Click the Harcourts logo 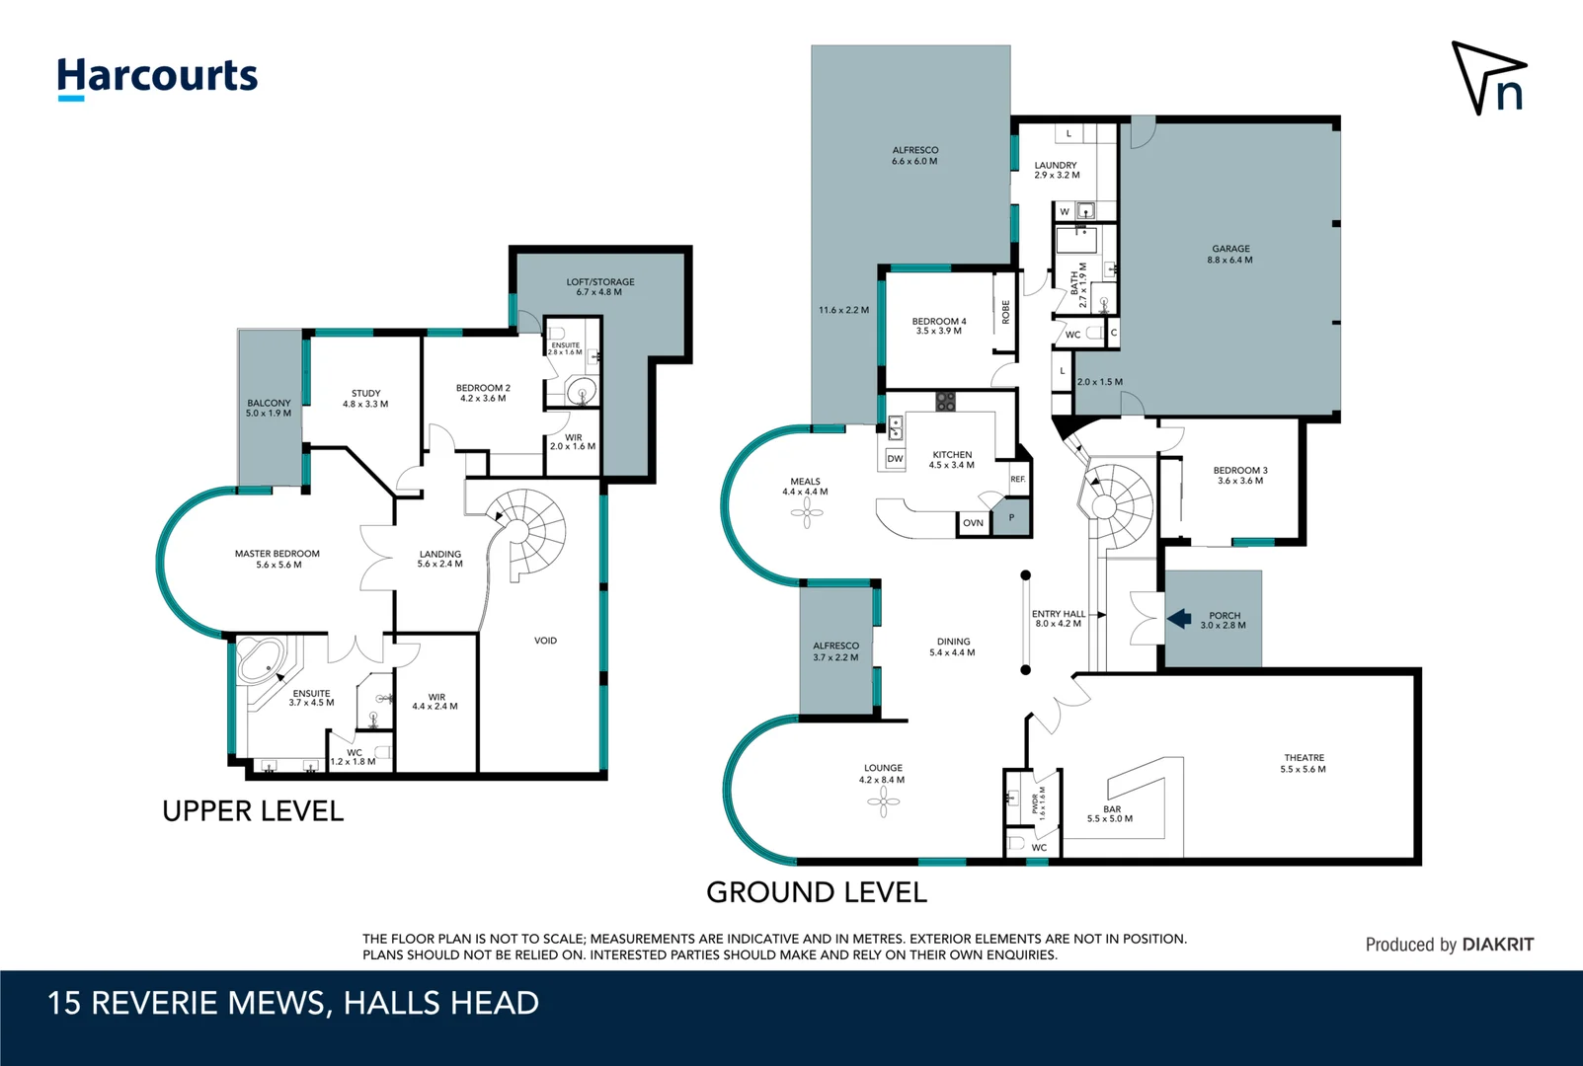[x=158, y=78]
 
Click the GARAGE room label [x=1230, y=249]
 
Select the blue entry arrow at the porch [x=1179, y=619]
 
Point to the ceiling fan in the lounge [x=884, y=801]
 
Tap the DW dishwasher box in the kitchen [x=896, y=458]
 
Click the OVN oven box [x=973, y=523]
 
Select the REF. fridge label [x=1017, y=479]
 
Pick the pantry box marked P [x=1011, y=518]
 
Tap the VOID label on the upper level [x=545, y=641]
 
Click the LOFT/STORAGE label [x=600, y=282]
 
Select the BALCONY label [x=269, y=403]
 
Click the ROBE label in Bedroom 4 [x=1005, y=312]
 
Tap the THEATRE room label [x=1304, y=758]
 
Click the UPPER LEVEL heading [x=253, y=811]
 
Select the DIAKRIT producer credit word [x=1497, y=945]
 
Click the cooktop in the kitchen [x=946, y=402]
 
